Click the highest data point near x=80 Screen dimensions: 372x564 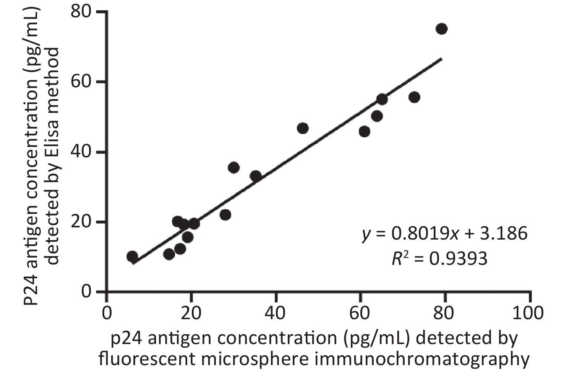click(441, 29)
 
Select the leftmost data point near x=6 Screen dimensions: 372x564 click(132, 256)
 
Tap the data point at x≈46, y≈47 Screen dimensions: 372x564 click(302, 128)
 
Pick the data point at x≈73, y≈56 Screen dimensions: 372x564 click(414, 97)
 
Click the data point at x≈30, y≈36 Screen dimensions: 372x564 click(233, 167)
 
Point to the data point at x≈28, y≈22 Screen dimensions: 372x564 click(225, 215)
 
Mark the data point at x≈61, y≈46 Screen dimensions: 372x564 click(365, 131)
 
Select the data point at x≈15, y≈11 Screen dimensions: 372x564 click(169, 254)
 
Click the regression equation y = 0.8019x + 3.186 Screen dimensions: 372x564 click(445, 233)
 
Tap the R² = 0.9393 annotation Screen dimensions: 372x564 click(439, 259)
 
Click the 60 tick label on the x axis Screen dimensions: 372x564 click(360, 313)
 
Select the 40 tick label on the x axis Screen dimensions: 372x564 click(276, 313)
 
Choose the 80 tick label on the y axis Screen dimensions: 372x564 click(81, 12)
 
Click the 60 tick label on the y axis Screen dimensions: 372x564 click(81, 82)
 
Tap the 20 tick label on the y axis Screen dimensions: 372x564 click(81, 222)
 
